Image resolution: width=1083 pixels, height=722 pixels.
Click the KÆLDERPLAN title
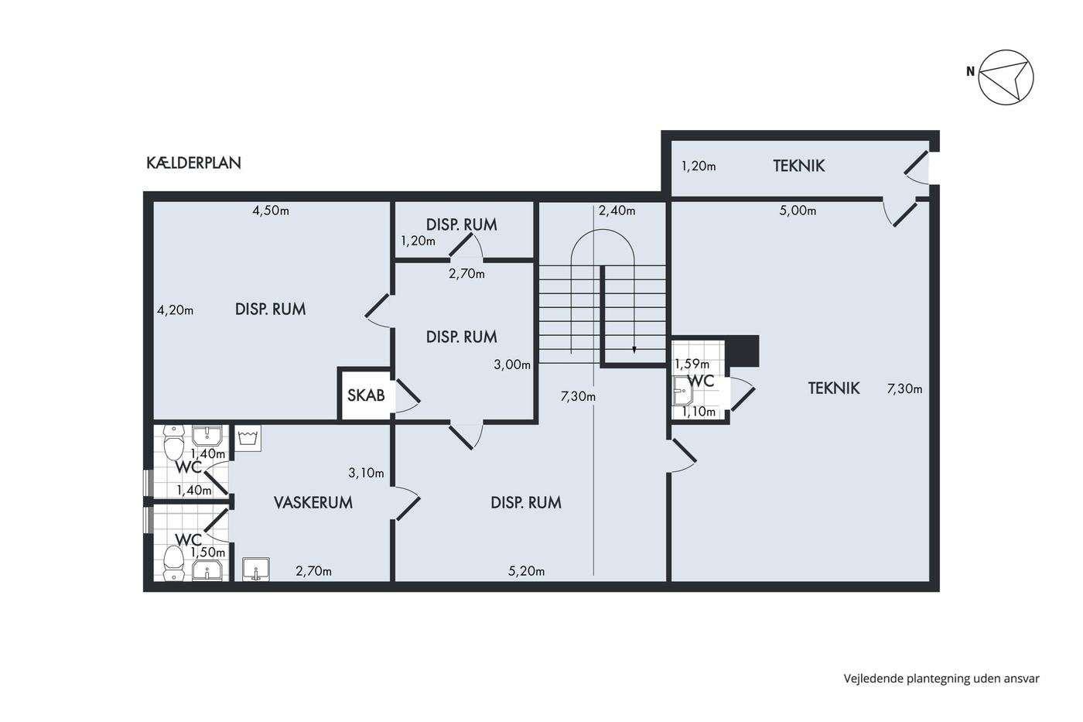[193, 163]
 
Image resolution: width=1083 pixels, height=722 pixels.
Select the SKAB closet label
[366, 395]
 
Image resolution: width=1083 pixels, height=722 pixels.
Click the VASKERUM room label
[313, 502]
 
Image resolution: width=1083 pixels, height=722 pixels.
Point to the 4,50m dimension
[271, 210]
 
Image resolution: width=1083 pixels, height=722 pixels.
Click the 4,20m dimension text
[175, 310]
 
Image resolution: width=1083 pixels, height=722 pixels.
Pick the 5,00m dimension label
[798, 210]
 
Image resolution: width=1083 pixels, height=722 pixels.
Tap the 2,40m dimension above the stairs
[617, 210]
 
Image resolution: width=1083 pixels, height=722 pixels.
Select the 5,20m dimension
[527, 571]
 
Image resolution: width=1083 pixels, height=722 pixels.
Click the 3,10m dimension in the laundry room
[366, 473]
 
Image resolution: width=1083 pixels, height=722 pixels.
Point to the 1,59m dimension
[692, 363]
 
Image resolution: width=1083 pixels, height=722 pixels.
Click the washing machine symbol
[248, 438]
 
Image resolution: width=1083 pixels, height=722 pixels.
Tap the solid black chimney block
[744, 351]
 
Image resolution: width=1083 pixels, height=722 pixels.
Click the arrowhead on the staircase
[634, 350]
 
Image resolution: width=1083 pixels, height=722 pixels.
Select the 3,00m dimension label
[512, 364]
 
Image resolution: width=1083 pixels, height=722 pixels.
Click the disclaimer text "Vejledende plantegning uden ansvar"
[941, 679]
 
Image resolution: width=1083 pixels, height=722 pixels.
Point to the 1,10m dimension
[699, 412]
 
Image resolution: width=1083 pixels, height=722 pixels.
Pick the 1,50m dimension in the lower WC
[208, 552]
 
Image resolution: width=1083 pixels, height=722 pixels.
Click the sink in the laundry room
[256, 570]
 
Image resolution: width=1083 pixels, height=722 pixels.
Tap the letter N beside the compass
[970, 71]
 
